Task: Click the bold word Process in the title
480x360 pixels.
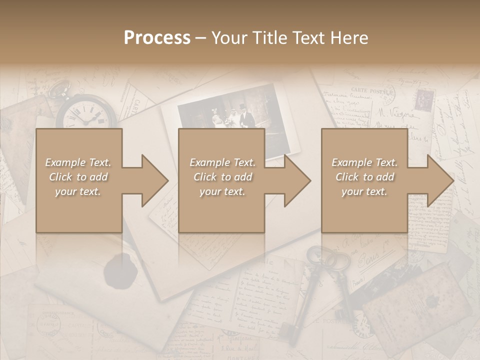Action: coord(157,38)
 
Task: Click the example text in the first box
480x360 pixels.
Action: coord(78,177)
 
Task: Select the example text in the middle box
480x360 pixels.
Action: coord(222,177)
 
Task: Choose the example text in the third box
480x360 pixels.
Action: coord(364,177)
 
